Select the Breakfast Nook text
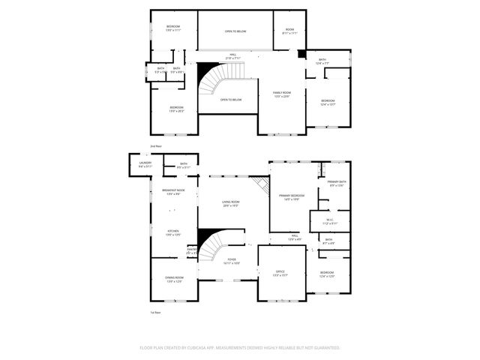(x=173, y=191)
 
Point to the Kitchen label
(x=173, y=232)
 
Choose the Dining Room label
(x=173, y=280)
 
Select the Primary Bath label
(x=336, y=183)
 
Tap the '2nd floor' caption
(x=156, y=145)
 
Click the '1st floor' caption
(x=155, y=312)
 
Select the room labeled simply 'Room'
(x=289, y=31)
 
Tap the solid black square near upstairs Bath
(x=301, y=54)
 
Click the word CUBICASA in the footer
(x=200, y=348)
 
